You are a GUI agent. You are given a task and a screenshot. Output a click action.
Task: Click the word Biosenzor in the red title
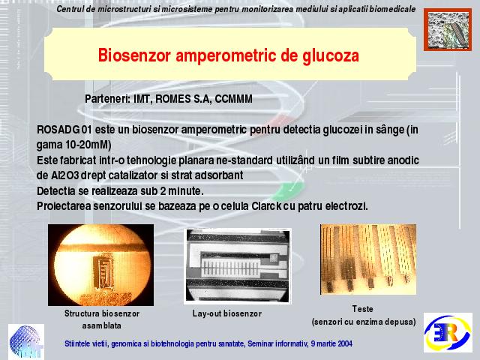point(134,55)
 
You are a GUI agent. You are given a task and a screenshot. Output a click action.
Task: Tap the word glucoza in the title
point(331,56)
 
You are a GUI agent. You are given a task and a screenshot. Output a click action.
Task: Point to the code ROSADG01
point(64,130)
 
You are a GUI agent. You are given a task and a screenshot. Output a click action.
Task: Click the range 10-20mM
point(88,145)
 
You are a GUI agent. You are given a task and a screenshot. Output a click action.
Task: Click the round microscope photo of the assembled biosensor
point(100,265)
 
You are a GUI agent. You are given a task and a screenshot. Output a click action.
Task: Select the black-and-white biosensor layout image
point(238,266)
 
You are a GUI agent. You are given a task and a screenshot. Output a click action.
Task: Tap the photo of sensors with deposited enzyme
point(368,259)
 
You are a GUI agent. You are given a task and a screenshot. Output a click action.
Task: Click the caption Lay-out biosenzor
point(226,313)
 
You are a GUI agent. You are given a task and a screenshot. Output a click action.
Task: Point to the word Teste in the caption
point(362,309)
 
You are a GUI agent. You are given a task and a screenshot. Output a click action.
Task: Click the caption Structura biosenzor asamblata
point(102,319)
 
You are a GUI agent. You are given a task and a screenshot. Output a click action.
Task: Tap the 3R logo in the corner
point(448,332)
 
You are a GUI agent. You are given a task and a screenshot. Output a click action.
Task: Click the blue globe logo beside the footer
point(26,342)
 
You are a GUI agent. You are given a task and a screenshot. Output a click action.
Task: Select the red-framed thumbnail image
point(448,29)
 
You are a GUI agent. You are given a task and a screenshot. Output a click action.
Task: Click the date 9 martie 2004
point(331,343)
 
